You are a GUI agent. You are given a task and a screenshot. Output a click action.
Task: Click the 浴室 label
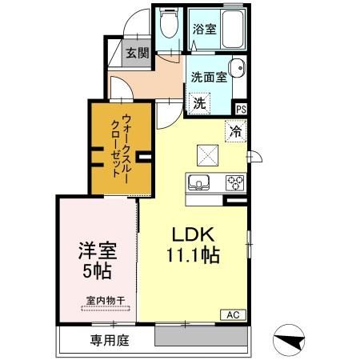pos(204,30)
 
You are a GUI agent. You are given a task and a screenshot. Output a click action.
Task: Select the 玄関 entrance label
pos(137,54)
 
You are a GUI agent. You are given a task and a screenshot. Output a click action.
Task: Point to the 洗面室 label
pos(208,78)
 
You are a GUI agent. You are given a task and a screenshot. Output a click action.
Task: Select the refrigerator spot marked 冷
pos(236,130)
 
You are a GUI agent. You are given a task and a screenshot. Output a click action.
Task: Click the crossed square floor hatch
pos(206,153)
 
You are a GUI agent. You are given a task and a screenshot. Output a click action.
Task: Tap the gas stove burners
pos(235,181)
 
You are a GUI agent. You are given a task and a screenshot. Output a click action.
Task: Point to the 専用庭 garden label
pos(106,339)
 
